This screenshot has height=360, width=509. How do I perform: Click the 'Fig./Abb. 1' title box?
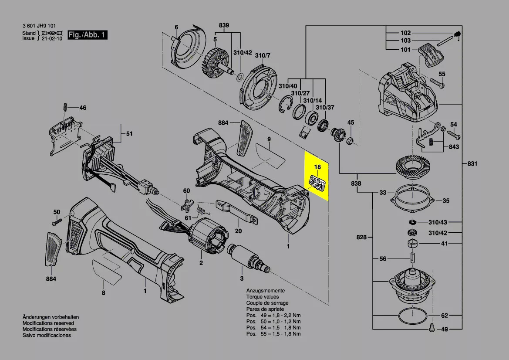(88, 35)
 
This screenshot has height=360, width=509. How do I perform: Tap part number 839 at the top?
(224, 26)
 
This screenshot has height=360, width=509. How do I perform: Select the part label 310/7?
(263, 55)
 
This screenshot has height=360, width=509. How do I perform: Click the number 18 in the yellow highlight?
(317, 167)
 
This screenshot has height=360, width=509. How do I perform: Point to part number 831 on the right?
(472, 164)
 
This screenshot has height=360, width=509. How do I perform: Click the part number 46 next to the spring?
(82, 108)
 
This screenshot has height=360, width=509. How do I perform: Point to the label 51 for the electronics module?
(129, 134)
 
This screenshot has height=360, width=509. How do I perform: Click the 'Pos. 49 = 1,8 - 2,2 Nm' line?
(273, 315)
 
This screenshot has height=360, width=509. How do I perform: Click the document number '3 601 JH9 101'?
(39, 26)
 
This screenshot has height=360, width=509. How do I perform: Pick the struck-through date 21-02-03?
(52, 33)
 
